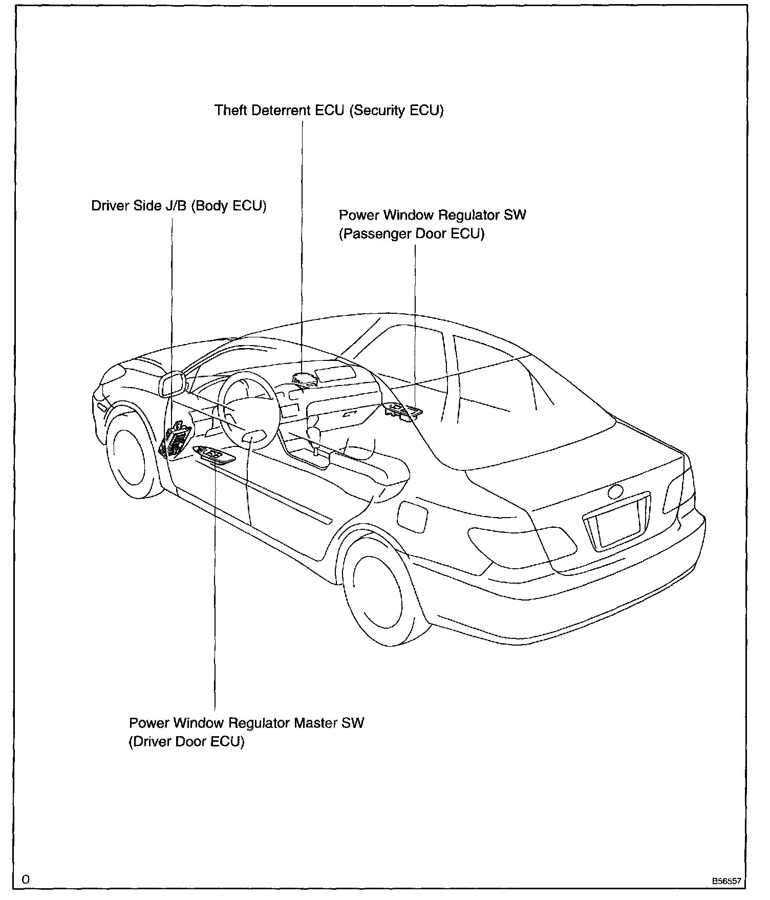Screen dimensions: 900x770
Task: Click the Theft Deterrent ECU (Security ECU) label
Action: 329,110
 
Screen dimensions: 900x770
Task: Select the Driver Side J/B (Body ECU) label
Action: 179,206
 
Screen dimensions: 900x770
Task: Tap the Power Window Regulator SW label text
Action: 432,215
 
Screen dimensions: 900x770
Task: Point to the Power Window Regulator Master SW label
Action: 246,723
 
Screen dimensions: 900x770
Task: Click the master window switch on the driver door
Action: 214,455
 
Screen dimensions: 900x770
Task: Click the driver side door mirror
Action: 173,384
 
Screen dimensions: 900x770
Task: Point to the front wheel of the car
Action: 130,457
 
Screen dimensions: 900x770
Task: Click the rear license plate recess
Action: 617,526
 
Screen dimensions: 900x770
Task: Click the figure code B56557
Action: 725,882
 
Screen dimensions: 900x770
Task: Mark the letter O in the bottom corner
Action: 26,880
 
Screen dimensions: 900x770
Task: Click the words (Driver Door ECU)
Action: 186,741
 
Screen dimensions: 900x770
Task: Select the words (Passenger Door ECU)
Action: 412,234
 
